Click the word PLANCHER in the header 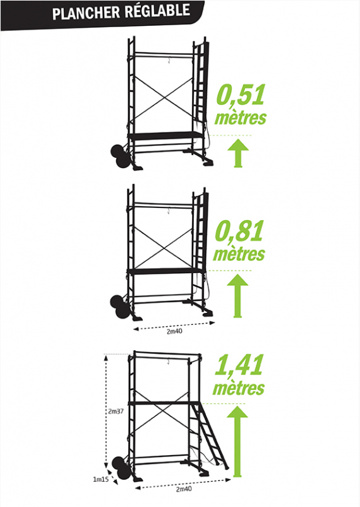pos(86,13)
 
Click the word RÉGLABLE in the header pos(157,10)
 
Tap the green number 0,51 pos(241,95)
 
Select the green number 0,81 pos(239,231)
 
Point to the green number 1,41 pos(239,365)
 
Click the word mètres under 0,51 pos(241,118)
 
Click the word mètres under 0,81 pos(239,254)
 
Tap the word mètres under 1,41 pos(239,388)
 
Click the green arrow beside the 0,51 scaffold pos(238,153)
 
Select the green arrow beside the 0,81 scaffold pos(237,296)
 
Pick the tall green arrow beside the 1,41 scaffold pos(237,441)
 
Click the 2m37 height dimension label pos(116,412)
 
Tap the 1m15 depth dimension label pos(101,479)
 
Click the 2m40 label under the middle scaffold pos(174,331)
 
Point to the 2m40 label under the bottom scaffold pos(184,489)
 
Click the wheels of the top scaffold pos(120,157)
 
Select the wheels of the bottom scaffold pos(121,468)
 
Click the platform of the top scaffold pos(166,135)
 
